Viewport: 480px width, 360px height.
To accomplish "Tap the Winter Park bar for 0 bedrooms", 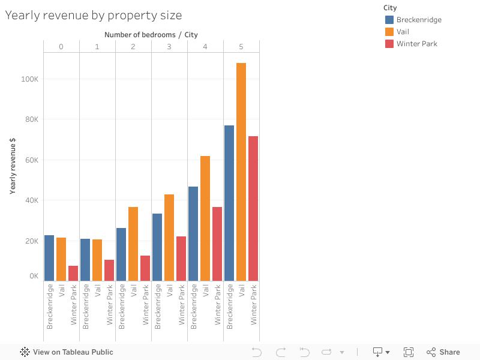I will click(73, 273).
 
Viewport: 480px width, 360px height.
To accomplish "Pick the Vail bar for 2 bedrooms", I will click(133, 244).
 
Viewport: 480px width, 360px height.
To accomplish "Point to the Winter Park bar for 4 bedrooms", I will click(217, 244).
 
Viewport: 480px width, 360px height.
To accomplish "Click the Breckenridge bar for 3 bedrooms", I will click(157, 247).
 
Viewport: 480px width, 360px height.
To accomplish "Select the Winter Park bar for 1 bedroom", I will click(109, 270).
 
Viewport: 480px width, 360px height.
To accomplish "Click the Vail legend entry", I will click(403, 32).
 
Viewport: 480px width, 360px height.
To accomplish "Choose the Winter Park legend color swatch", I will click(389, 44).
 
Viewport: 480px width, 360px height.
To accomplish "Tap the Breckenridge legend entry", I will click(419, 20).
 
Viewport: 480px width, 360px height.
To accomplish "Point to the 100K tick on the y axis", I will click(29, 79).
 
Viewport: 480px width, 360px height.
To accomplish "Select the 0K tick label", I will click(34, 277).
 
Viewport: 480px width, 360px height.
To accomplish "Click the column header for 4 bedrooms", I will click(205, 47).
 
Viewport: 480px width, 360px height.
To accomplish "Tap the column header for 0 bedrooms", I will click(61, 47).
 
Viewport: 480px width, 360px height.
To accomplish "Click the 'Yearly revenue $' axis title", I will click(13, 166).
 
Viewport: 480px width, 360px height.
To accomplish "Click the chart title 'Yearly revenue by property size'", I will click(94, 16).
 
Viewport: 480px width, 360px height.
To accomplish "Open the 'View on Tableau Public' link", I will click(67, 352).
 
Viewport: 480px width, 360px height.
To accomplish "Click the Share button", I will click(443, 352).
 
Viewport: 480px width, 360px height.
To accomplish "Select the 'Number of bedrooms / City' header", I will click(151, 35).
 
